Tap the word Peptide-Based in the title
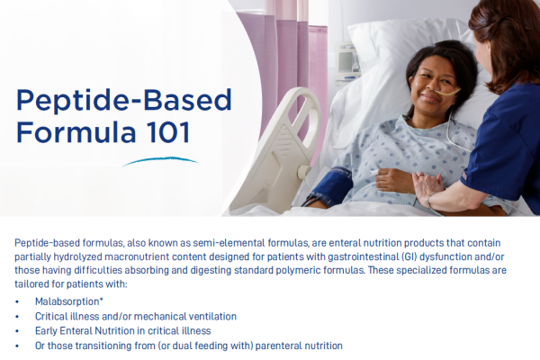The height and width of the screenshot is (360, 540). tap(123, 100)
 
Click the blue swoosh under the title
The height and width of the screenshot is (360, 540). tap(159, 162)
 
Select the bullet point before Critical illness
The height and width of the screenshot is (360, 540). tap(18, 317)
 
